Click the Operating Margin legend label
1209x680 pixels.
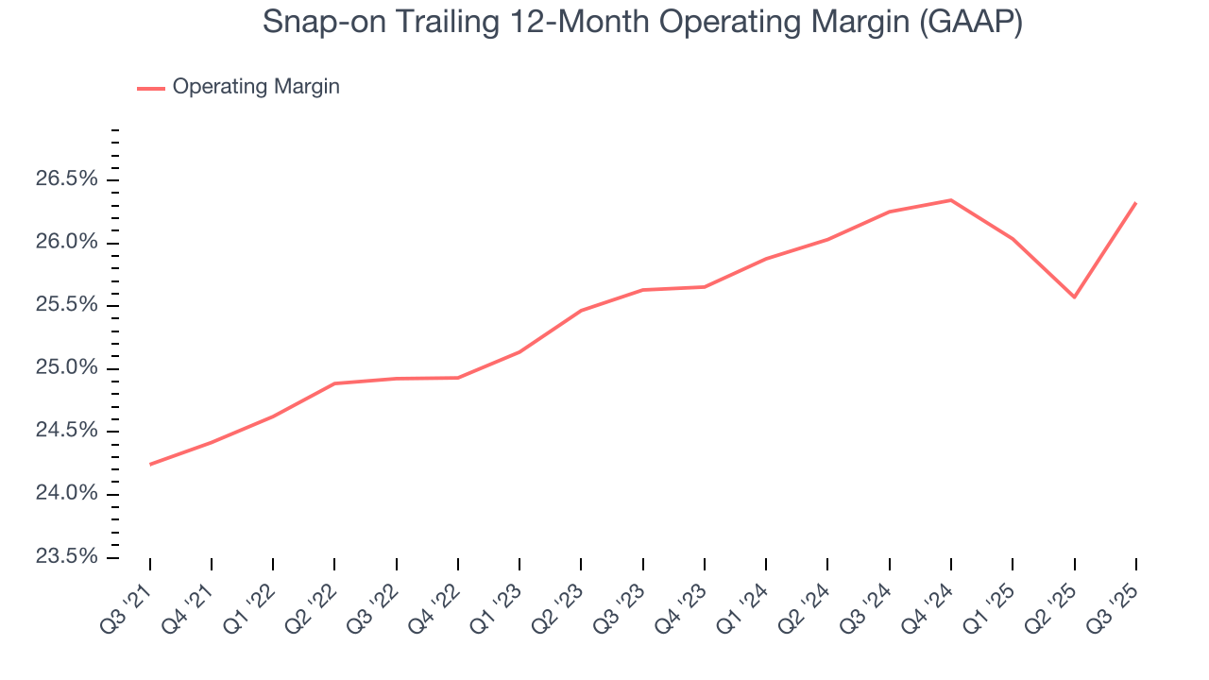tap(256, 87)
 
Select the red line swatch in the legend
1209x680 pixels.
tap(151, 88)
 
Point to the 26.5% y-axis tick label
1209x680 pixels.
tap(66, 179)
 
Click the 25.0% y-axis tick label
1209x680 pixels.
tap(66, 368)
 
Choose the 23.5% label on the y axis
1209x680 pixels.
tap(66, 557)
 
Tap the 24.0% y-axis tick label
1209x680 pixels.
tap(66, 494)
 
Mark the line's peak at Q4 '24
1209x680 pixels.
tap(950, 200)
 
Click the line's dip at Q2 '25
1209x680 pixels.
tap(1074, 297)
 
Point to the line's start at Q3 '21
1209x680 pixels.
tap(150, 464)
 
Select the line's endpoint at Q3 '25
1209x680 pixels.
tap(1135, 203)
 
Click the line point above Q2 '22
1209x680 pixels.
tap(334, 383)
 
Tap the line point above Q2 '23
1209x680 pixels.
tap(581, 310)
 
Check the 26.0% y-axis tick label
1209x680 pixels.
tap(66, 243)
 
